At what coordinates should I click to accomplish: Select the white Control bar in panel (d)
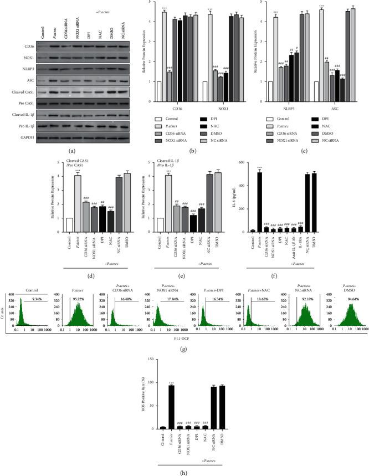tap(68, 225)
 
